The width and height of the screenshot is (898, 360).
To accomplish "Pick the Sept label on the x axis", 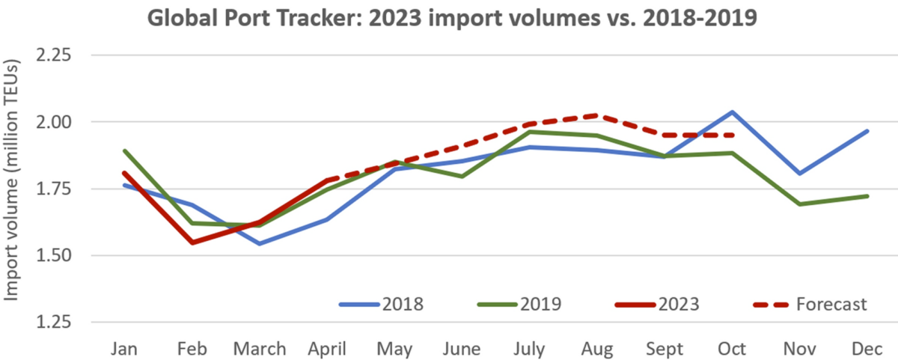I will click(665, 349).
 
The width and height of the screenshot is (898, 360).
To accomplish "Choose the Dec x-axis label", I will click(868, 349).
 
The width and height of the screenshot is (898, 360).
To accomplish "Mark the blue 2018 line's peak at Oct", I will click(732, 112).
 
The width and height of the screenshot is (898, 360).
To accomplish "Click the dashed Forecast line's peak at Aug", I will click(596, 115).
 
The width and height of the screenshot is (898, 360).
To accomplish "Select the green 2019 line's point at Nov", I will click(800, 204).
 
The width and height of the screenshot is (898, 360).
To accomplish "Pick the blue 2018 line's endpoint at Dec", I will click(868, 131).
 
